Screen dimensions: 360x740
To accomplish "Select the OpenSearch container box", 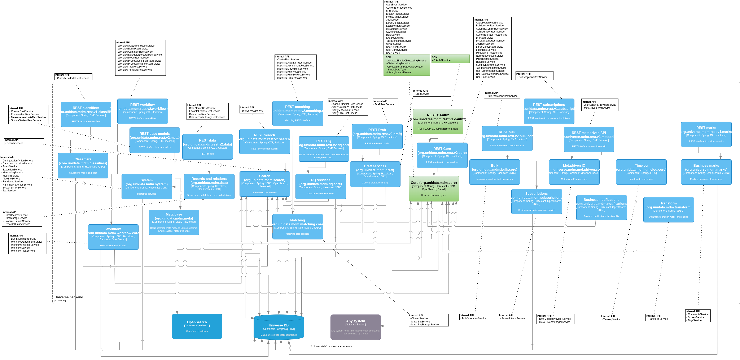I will [197, 326].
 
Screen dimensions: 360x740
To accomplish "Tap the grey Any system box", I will [355, 327].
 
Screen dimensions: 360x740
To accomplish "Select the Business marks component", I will [706, 172].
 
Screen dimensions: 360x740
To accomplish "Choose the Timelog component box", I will [641, 172].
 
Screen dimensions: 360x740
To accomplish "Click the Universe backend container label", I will [69, 297].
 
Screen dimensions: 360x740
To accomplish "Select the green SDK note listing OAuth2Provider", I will [450, 59].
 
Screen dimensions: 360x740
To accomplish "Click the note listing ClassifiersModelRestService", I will [73, 77].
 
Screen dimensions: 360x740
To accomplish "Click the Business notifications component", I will [601, 207].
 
